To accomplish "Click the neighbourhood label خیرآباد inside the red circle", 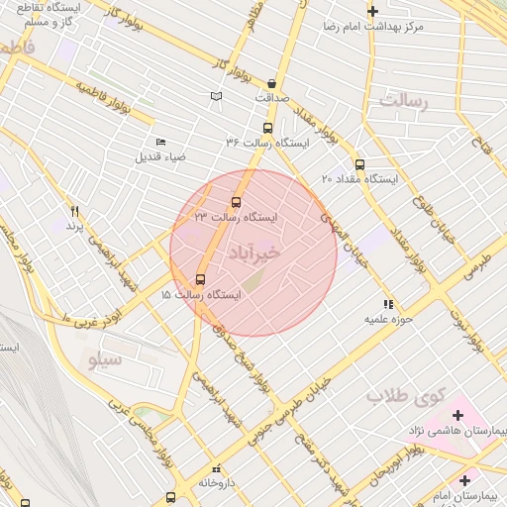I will click(x=254, y=253).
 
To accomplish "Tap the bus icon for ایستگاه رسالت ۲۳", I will click(x=236, y=202).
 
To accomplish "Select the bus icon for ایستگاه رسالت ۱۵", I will click(x=201, y=280).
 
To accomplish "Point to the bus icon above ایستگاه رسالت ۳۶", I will click(x=267, y=128).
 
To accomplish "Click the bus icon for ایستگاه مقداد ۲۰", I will click(x=359, y=164).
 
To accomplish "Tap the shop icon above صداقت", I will click(x=271, y=83).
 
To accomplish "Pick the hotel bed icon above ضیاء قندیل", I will click(x=161, y=142).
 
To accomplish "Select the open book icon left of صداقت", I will click(x=216, y=96).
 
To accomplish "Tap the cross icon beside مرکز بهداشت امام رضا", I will click(x=372, y=12).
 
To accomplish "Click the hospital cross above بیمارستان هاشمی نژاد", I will click(x=457, y=414).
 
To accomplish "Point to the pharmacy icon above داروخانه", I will click(x=216, y=468).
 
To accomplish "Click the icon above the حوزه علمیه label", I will click(x=387, y=304).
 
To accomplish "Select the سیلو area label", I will click(x=106, y=359).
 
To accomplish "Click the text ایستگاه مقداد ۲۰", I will click(x=359, y=179).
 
